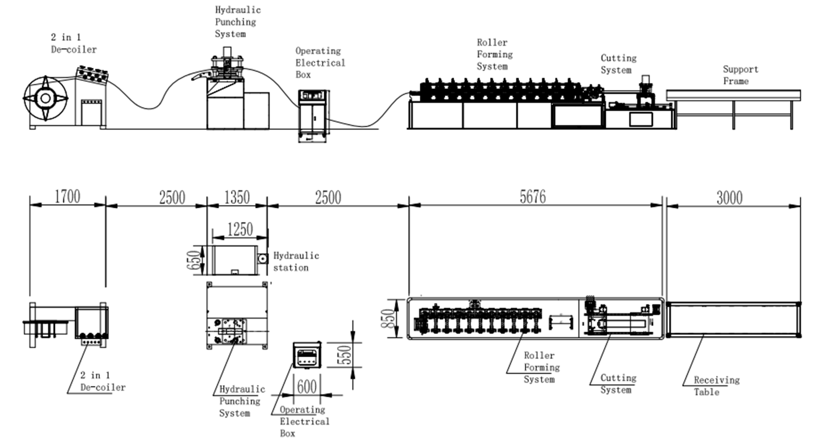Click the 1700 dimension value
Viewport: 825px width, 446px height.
coord(67,197)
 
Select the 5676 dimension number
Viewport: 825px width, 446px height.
coord(532,197)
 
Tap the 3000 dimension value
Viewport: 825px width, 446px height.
coord(730,198)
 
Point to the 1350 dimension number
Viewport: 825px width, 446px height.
coord(237,198)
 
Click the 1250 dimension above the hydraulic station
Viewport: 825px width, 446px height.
coord(240,229)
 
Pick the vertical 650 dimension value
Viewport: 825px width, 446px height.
coord(194,260)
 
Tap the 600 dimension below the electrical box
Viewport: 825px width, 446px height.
coord(307,387)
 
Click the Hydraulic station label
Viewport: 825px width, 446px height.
coord(296,262)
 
